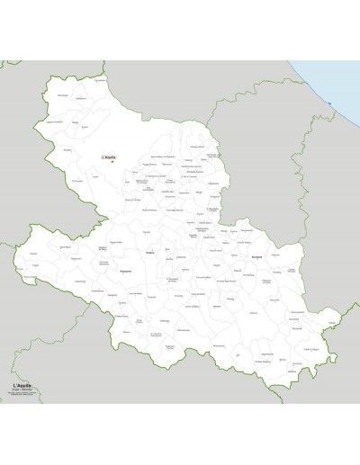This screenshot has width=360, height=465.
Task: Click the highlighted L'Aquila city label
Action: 110,156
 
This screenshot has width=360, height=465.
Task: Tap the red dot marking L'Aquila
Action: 112,162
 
